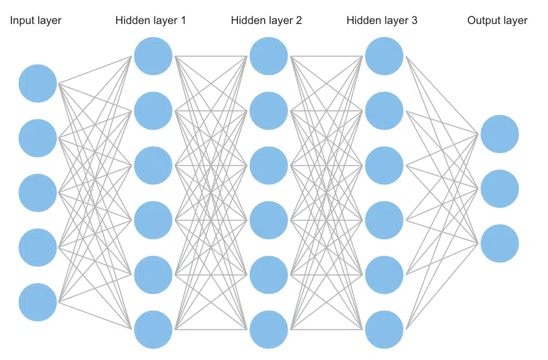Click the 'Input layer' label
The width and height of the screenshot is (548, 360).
click(x=35, y=21)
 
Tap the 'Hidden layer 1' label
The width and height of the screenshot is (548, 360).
click(x=151, y=21)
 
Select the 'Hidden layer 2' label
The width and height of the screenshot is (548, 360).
click(x=266, y=21)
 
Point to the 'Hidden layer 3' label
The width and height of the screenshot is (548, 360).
click(x=382, y=21)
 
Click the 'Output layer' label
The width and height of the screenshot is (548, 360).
click(x=497, y=21)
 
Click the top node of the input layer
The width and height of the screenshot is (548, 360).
click(x=38, y=83)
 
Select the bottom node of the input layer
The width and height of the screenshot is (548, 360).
click(x=38, y=302)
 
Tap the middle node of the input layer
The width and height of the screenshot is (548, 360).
click(x=38, y=193)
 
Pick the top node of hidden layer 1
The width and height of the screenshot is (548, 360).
click(x=153, y=56)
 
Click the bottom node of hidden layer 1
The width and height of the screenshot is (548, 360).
click(x=153, y=329)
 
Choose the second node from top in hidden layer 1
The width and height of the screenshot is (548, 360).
click(x=153, y=111)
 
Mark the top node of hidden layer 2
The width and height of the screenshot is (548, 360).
click(x=269, y=56)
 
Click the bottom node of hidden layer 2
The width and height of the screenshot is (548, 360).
click(x=269, y=329)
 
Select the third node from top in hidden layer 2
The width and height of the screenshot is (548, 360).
click(x=269, y=165)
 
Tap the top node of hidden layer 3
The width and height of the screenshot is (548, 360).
click(x=384, y=56)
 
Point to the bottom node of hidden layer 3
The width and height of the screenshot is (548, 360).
click(x=384, y=329)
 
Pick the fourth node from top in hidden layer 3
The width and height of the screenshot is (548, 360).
click(x=384, y=220)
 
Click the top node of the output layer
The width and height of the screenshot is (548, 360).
click(x=500, y=134)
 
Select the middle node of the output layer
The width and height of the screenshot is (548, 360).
click(x=500, y=189)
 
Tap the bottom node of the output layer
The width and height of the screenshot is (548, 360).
click(x=500, y=243)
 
